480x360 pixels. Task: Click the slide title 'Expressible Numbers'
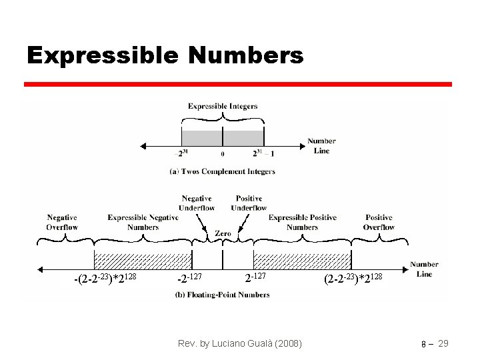point(165,55)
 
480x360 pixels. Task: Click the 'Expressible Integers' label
point(222,106)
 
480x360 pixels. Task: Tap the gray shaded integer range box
point(223,138)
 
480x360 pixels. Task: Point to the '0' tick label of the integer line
point(223,154)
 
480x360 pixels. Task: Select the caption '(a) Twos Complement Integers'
point(222,171)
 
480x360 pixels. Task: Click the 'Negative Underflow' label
point(196,203)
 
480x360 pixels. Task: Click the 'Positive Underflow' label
point(249,203)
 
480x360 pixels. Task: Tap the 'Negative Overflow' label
point(62,222)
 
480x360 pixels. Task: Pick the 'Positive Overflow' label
point(379,222)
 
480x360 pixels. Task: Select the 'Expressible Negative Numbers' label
point(143,222)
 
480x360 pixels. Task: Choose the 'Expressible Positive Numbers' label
point(302,222)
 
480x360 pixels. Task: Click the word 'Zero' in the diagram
point(223,234)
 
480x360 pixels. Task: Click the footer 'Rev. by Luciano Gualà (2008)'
point(240,343)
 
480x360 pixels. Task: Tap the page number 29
point(443,343)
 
